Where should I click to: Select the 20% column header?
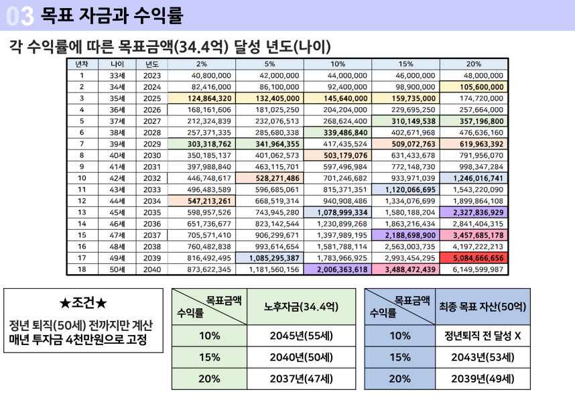coord(473,64)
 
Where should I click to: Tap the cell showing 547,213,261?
coord(201,200)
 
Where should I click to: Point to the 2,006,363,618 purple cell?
coord(338,269)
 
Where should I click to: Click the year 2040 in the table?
coord(152,269)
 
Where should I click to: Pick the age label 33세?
coord(117,76)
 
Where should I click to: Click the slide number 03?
coord(19,13)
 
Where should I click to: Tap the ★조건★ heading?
coord(83,304)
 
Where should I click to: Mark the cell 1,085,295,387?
coord(270,257)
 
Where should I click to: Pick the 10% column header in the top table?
coord(338,64)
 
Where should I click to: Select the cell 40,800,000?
coord(201,76)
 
